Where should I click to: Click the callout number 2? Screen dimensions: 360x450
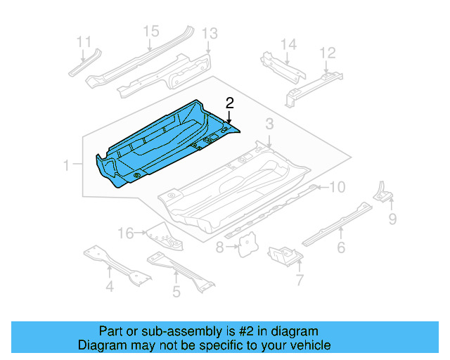(x=229, y=103)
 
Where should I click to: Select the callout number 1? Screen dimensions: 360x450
(x=67, y=166)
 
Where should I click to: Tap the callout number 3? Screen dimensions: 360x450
(x=269, y=124)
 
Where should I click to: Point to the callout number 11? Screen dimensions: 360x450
(x=84, y=41)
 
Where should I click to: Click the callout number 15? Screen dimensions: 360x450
(x=151, y=31)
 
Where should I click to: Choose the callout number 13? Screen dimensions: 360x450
(x=210, y=34)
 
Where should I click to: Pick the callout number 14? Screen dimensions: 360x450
(x=289, y=44)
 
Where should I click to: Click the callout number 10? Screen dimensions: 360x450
(x=338, y=186)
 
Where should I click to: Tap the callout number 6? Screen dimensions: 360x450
(x=341, y=247)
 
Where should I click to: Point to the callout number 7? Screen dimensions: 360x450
(x=299, y=281)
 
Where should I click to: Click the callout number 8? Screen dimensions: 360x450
(x=220, y=247)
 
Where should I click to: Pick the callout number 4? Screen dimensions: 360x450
(x=110, y=286)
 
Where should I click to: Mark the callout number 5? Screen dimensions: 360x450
(x=176, y=290)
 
